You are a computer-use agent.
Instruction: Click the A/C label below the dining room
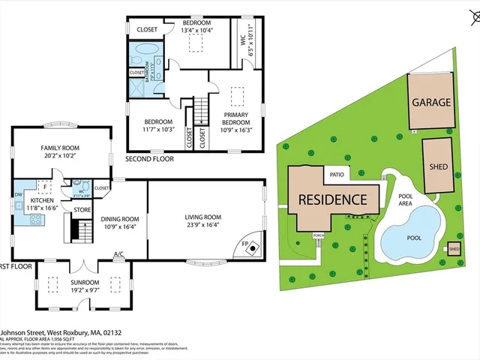[118, 254]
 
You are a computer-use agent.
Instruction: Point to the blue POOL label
[413, 238]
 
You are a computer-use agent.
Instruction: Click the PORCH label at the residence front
[318, 235]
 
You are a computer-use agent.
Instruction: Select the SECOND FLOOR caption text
[149, 159]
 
